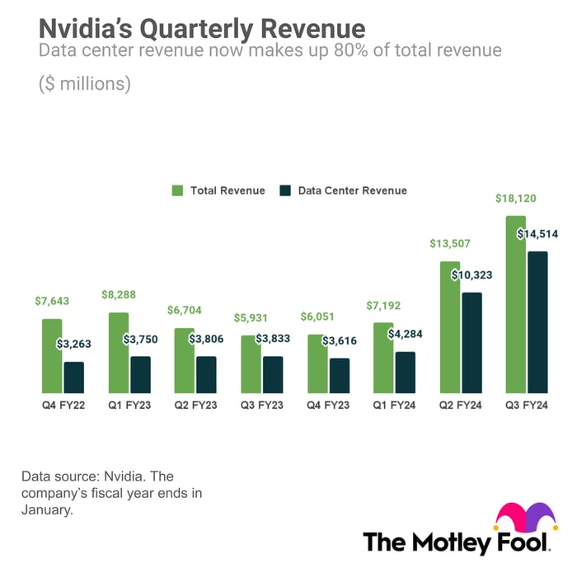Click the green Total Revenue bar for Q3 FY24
(516, 304)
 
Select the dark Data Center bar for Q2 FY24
(471, 342)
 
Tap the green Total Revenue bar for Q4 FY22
(52, 355)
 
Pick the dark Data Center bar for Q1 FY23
(140, 374)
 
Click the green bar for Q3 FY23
(251, 364)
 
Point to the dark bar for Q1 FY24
(405, 372)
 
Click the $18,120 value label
(515, 199)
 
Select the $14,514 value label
(537, 234)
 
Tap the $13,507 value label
(449, 244)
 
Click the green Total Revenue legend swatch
(176, 190)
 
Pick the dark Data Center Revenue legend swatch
(284, 190)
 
